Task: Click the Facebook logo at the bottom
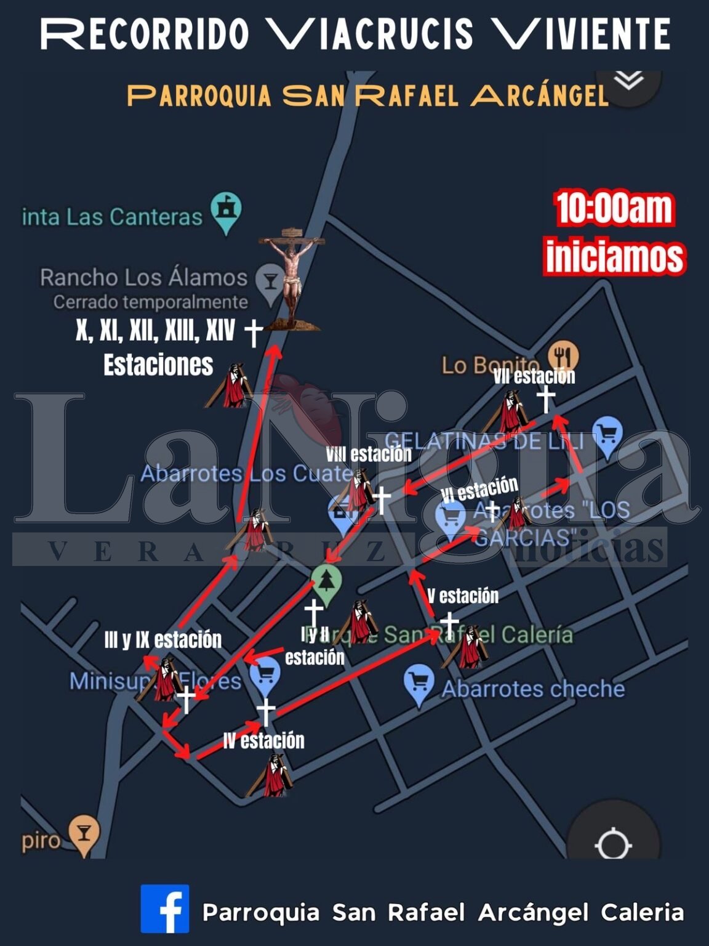165,908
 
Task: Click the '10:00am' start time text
614,209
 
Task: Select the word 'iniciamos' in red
615,256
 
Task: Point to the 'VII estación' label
534,376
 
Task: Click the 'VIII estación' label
369,455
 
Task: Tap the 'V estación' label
463,596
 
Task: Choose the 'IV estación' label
263,740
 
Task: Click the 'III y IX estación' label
163,640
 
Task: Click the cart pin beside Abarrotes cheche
419,684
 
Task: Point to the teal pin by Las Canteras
226,212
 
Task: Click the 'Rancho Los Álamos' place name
143,278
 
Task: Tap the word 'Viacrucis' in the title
370,34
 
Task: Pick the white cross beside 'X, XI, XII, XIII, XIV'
253,332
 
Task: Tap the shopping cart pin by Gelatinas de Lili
607,436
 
